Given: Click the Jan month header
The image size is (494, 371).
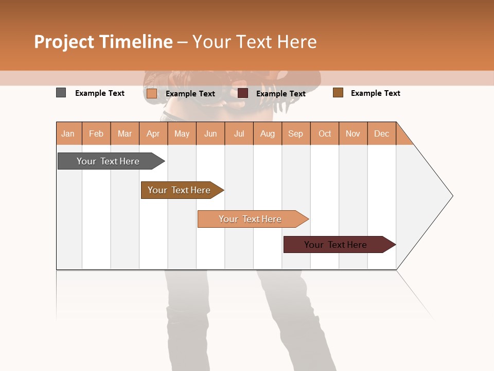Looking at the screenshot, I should (x=68, y=133).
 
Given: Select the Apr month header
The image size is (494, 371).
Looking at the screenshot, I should (x=153, y=133).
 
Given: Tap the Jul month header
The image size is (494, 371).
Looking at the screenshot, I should (x=239, y=133).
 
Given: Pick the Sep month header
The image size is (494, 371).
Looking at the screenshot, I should (x=296, y=133).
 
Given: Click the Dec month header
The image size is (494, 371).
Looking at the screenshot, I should (x=381, y=133).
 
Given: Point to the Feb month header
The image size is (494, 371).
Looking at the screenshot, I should (x=96, y=133).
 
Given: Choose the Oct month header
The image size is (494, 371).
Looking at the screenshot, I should (x=325, y=133).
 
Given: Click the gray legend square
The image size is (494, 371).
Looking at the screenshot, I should (x=61, y=93).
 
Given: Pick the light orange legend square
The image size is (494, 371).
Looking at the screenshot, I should (x=152, y=93).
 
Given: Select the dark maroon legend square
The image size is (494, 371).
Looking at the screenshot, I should (x=243, y=93).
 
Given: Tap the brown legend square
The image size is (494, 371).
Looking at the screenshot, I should (x=338, y=93).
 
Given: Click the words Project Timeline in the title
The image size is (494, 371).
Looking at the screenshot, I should (x=103, y=42).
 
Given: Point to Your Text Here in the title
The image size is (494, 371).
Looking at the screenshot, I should (x=254, y=42).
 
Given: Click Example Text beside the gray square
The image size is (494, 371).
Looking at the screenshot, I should (x=100, y=93).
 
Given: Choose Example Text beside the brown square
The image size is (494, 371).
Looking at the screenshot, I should (x=376, y=93).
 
